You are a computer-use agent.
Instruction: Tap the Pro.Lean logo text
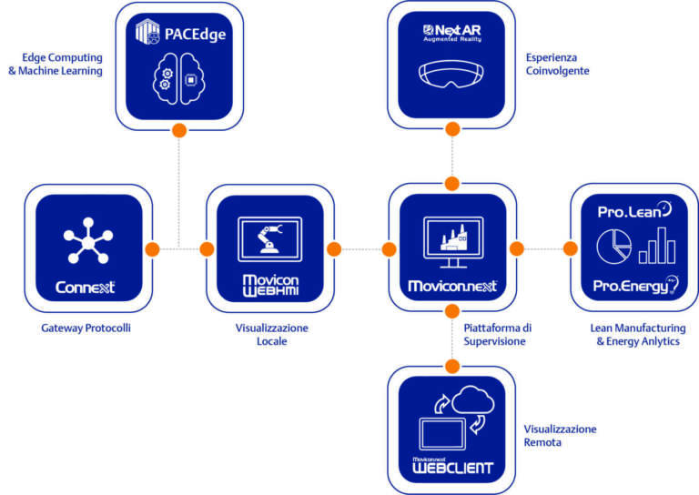click(x=633, y=209)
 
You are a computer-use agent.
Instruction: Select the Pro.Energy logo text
click(x=633, y=286)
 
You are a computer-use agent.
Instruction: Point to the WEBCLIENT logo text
click(x=451, y=468)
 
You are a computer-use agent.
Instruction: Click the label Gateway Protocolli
click(x=86, y=328)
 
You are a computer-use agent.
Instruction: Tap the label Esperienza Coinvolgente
click(x=557, y=63)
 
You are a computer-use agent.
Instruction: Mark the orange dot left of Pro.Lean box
click(x=571, y=248)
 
